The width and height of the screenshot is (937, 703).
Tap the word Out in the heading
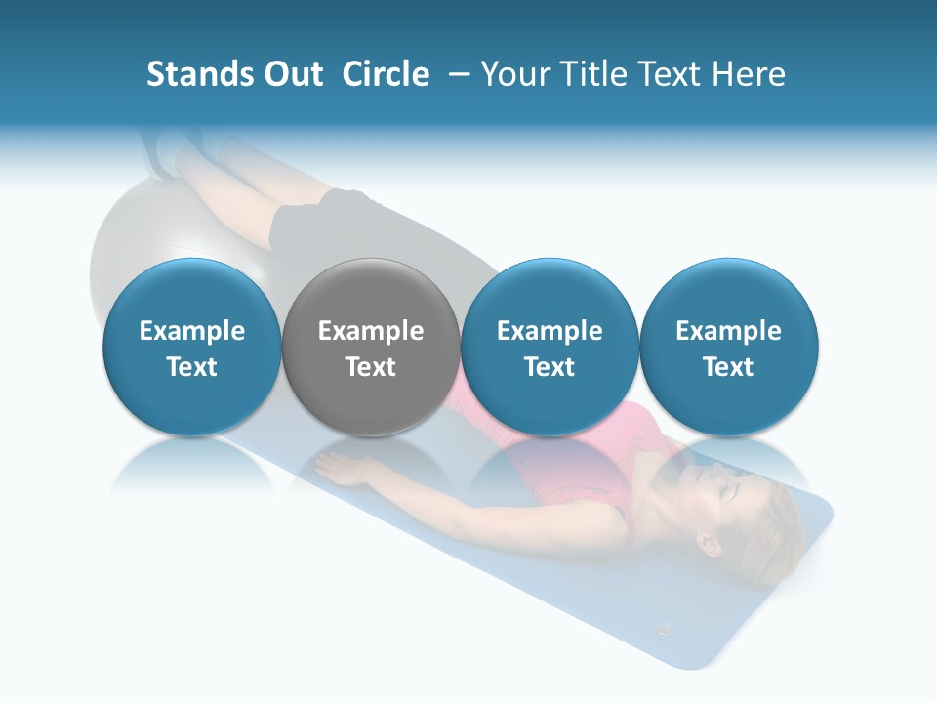[292, 74]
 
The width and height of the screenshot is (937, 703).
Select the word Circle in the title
[386, 74]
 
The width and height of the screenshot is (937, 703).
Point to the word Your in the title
[513, 74]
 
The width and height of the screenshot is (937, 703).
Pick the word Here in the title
[749, 74]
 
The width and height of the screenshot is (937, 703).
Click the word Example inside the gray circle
[371, 331]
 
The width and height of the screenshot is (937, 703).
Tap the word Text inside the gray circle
[371, 367]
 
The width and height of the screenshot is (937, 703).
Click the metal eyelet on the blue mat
[665, 630]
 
